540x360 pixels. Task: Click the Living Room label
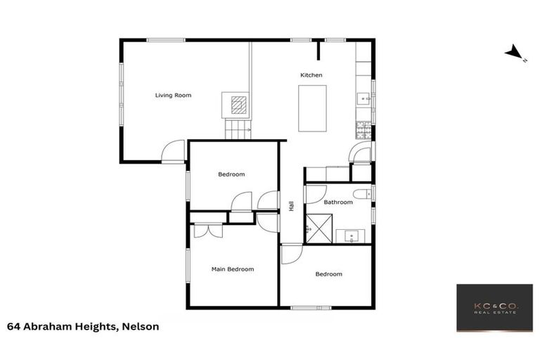pos(173,95)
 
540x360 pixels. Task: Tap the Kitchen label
pos(311,75)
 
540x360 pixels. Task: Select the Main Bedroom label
pos(233,269)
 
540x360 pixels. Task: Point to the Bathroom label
pos(338,202)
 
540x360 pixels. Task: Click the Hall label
pos(290,206)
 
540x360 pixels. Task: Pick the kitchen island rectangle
pos(312,108)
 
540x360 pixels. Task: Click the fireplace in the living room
pos(239,105)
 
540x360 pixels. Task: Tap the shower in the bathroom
pos(316,229)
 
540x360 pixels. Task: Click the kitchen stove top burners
pos(364,129)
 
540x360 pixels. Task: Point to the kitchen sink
pos(363,98)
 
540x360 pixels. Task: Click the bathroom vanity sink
pos(349,236)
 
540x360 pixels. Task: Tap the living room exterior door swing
pos(173,151)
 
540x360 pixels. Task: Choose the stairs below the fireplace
pos(238,129)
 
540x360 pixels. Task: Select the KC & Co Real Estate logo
pos(494,308)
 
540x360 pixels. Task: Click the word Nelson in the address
pos(143,326)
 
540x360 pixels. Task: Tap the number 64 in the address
pos(13,326)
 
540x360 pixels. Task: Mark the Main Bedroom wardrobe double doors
pos(208,231)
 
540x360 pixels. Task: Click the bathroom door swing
pos(314,193)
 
